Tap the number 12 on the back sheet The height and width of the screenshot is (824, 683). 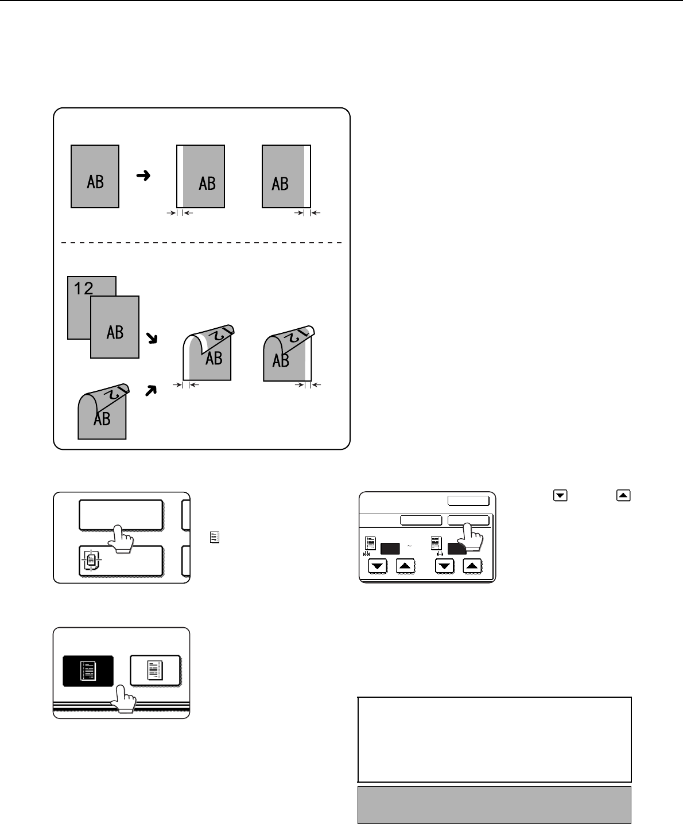point(84,288)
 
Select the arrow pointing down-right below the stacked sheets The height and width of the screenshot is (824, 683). point(152,339)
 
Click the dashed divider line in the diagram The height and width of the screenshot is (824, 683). point(201,243)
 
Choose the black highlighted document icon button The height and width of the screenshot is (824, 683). point(88,670)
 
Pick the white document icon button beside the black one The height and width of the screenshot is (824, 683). point(155,670)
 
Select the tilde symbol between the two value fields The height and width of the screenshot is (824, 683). point(410,546)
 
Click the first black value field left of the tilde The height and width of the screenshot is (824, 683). point(390,547)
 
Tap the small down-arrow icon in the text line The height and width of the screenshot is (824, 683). point(556,496)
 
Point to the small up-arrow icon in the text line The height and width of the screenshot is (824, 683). point(623,496)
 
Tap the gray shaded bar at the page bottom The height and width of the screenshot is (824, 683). point(494,804)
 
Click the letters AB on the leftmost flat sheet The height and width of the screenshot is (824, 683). point(95,182)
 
